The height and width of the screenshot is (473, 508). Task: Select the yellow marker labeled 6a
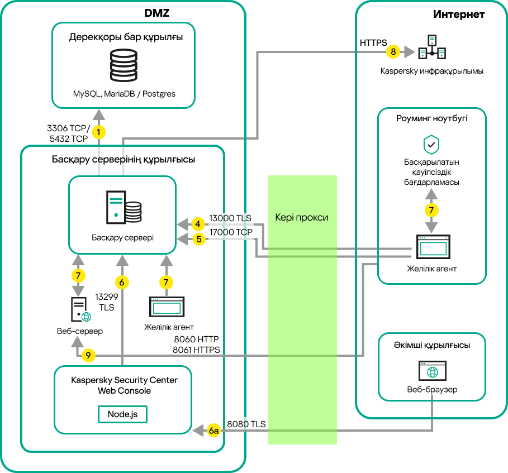(x=213, y=431)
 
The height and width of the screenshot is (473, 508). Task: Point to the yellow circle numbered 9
(x=88, y=355)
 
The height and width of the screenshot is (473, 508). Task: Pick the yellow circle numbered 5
(x=197, y=239)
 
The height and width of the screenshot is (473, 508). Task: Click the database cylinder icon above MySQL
(x=124, y=66)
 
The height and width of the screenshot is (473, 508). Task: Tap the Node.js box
(x=122, y=414)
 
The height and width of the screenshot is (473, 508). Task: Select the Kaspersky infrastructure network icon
(x=432, y=49)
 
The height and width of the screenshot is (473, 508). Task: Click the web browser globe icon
(x=431, y=371)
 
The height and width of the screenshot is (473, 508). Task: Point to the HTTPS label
(x=373, y=42)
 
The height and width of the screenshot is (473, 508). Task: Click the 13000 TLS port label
(x=230, y=218)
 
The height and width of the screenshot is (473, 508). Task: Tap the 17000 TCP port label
(x=231, y=232)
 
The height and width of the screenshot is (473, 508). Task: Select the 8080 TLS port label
(x=246, y=424)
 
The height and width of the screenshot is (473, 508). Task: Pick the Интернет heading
(x=459, y=15)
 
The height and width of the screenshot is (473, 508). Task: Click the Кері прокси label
(x=302, y=217)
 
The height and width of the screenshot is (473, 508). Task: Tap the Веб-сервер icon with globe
(x=79, y=310)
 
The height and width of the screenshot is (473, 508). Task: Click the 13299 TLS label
(x=106, y=302)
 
